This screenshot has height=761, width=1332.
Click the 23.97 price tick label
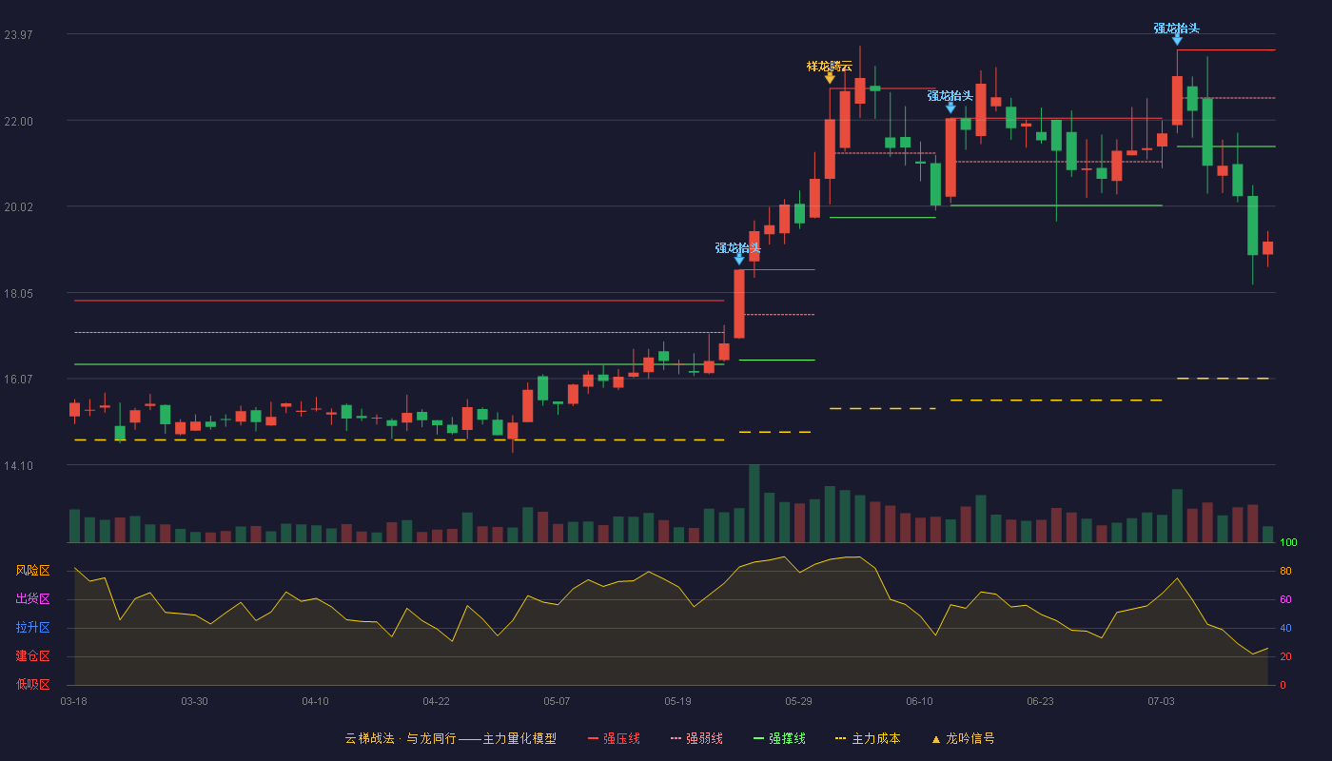[x=18, y=34]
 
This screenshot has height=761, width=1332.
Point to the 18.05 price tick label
[x=18, y=293]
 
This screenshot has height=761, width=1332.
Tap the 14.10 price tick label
[x=18, y=465]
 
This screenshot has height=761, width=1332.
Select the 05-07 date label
[x=557, y=701]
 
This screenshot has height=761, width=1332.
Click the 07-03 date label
[x=1161, y=701]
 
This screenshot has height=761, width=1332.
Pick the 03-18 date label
[x=74, y=701]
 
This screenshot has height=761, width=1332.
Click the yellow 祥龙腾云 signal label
[x=830, y=66]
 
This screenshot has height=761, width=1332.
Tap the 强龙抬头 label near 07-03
[x=1177, y=28]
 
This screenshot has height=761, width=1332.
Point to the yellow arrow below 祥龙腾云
[x=830, y=78]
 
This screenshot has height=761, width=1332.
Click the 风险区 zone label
[x=32, y=570]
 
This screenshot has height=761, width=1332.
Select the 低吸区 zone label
[x=32, y=684]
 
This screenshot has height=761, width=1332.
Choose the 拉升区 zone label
[x=32, y=627]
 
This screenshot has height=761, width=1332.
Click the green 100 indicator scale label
[x=1288, y=542]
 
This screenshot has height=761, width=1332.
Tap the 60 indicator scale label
[x=1285, y=599]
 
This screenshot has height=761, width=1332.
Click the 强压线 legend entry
[x=614, y=738]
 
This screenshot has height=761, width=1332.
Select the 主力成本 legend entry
[x=868, y=738]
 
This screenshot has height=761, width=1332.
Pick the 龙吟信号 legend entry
[x=963, y=738]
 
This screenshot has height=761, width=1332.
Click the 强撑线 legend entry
[x=779, y=738]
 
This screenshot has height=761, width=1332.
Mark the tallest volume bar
[x=754, y=503]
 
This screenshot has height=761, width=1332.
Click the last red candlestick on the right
[x=1267, y=248]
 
